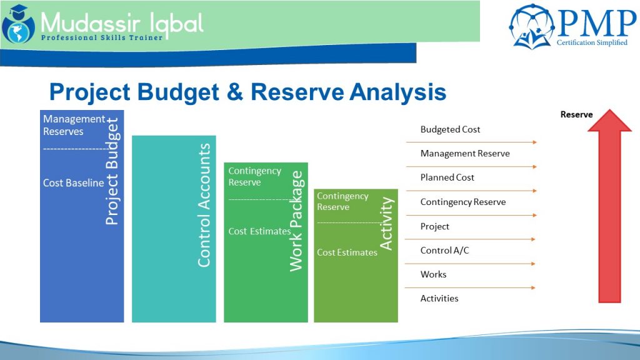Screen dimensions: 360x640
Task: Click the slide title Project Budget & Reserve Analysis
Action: tap(247, 92)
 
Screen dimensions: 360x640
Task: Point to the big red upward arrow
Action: tap(609, 206)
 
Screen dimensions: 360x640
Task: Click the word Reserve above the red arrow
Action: tap(576, 114)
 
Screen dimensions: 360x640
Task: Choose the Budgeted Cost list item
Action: tap(450, 129)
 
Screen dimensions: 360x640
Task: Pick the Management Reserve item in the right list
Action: tap(465, 154)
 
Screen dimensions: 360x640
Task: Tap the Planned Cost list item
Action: tap(447, 177)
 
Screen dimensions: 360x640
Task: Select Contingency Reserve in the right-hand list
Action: tap(463, 202)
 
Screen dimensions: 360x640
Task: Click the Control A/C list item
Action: tap(444, 251)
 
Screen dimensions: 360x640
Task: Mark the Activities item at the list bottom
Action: tap(439, 299)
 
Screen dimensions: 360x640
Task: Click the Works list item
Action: tap(433, 274)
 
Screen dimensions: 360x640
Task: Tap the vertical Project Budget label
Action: tap(112, 171)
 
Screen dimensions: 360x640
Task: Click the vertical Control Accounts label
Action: tap(204, 205)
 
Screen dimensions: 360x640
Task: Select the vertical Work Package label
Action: tap(296, 221)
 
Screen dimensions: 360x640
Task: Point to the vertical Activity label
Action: tap(387, 224)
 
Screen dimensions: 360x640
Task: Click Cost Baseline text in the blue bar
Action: tap(73, 183)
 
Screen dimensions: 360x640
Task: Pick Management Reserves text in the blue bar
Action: tap(74, 125)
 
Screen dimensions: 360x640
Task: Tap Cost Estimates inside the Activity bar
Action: tap(347, 252)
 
